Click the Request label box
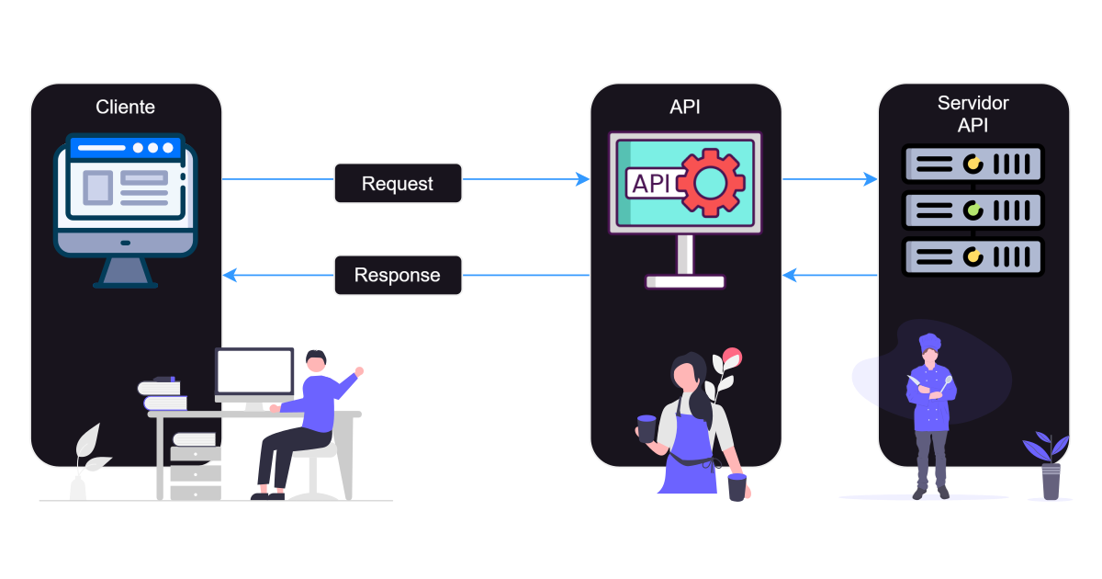click(398, 183)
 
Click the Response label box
click(398, 275)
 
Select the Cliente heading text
click(126, 107)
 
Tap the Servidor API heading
click(973, 114)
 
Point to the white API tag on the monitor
click(652, 183)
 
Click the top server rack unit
click(973, 165)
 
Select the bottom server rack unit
click(973, 256)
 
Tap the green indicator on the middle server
click(973, 210)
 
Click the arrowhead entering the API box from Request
click(582, 179)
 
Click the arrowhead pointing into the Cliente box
click(231, 275)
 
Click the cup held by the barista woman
click(647, 428)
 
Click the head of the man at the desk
click(316, 360)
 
